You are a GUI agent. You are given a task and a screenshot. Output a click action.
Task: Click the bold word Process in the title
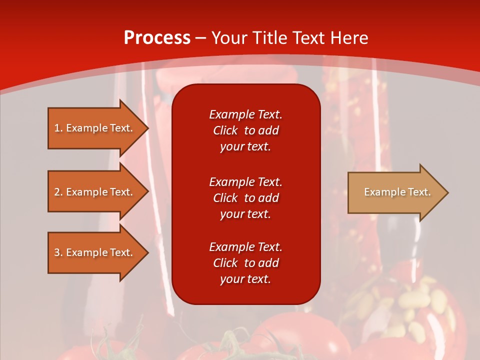coord(157,38)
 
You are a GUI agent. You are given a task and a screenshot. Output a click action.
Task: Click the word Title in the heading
coord(270,38)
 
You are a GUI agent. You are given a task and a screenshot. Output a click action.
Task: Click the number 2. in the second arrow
coord(58,192)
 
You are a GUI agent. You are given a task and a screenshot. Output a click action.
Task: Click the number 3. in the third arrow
coord(58,252)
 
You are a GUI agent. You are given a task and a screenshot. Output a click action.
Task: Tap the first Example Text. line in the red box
coord(245,114)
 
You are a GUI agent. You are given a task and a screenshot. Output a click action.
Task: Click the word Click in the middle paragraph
coord(225,198)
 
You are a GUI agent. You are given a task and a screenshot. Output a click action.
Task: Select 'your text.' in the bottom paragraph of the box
coord(245,279)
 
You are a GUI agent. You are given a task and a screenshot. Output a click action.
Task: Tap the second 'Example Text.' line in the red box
coord(245,181)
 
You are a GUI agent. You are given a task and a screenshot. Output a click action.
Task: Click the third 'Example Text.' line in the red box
coord(245,247)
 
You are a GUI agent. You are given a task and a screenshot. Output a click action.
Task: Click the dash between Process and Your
coord(201,38)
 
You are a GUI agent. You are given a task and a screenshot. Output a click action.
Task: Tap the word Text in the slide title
coord(307,38)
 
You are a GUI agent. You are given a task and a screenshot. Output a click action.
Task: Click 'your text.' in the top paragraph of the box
coord(245,146)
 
